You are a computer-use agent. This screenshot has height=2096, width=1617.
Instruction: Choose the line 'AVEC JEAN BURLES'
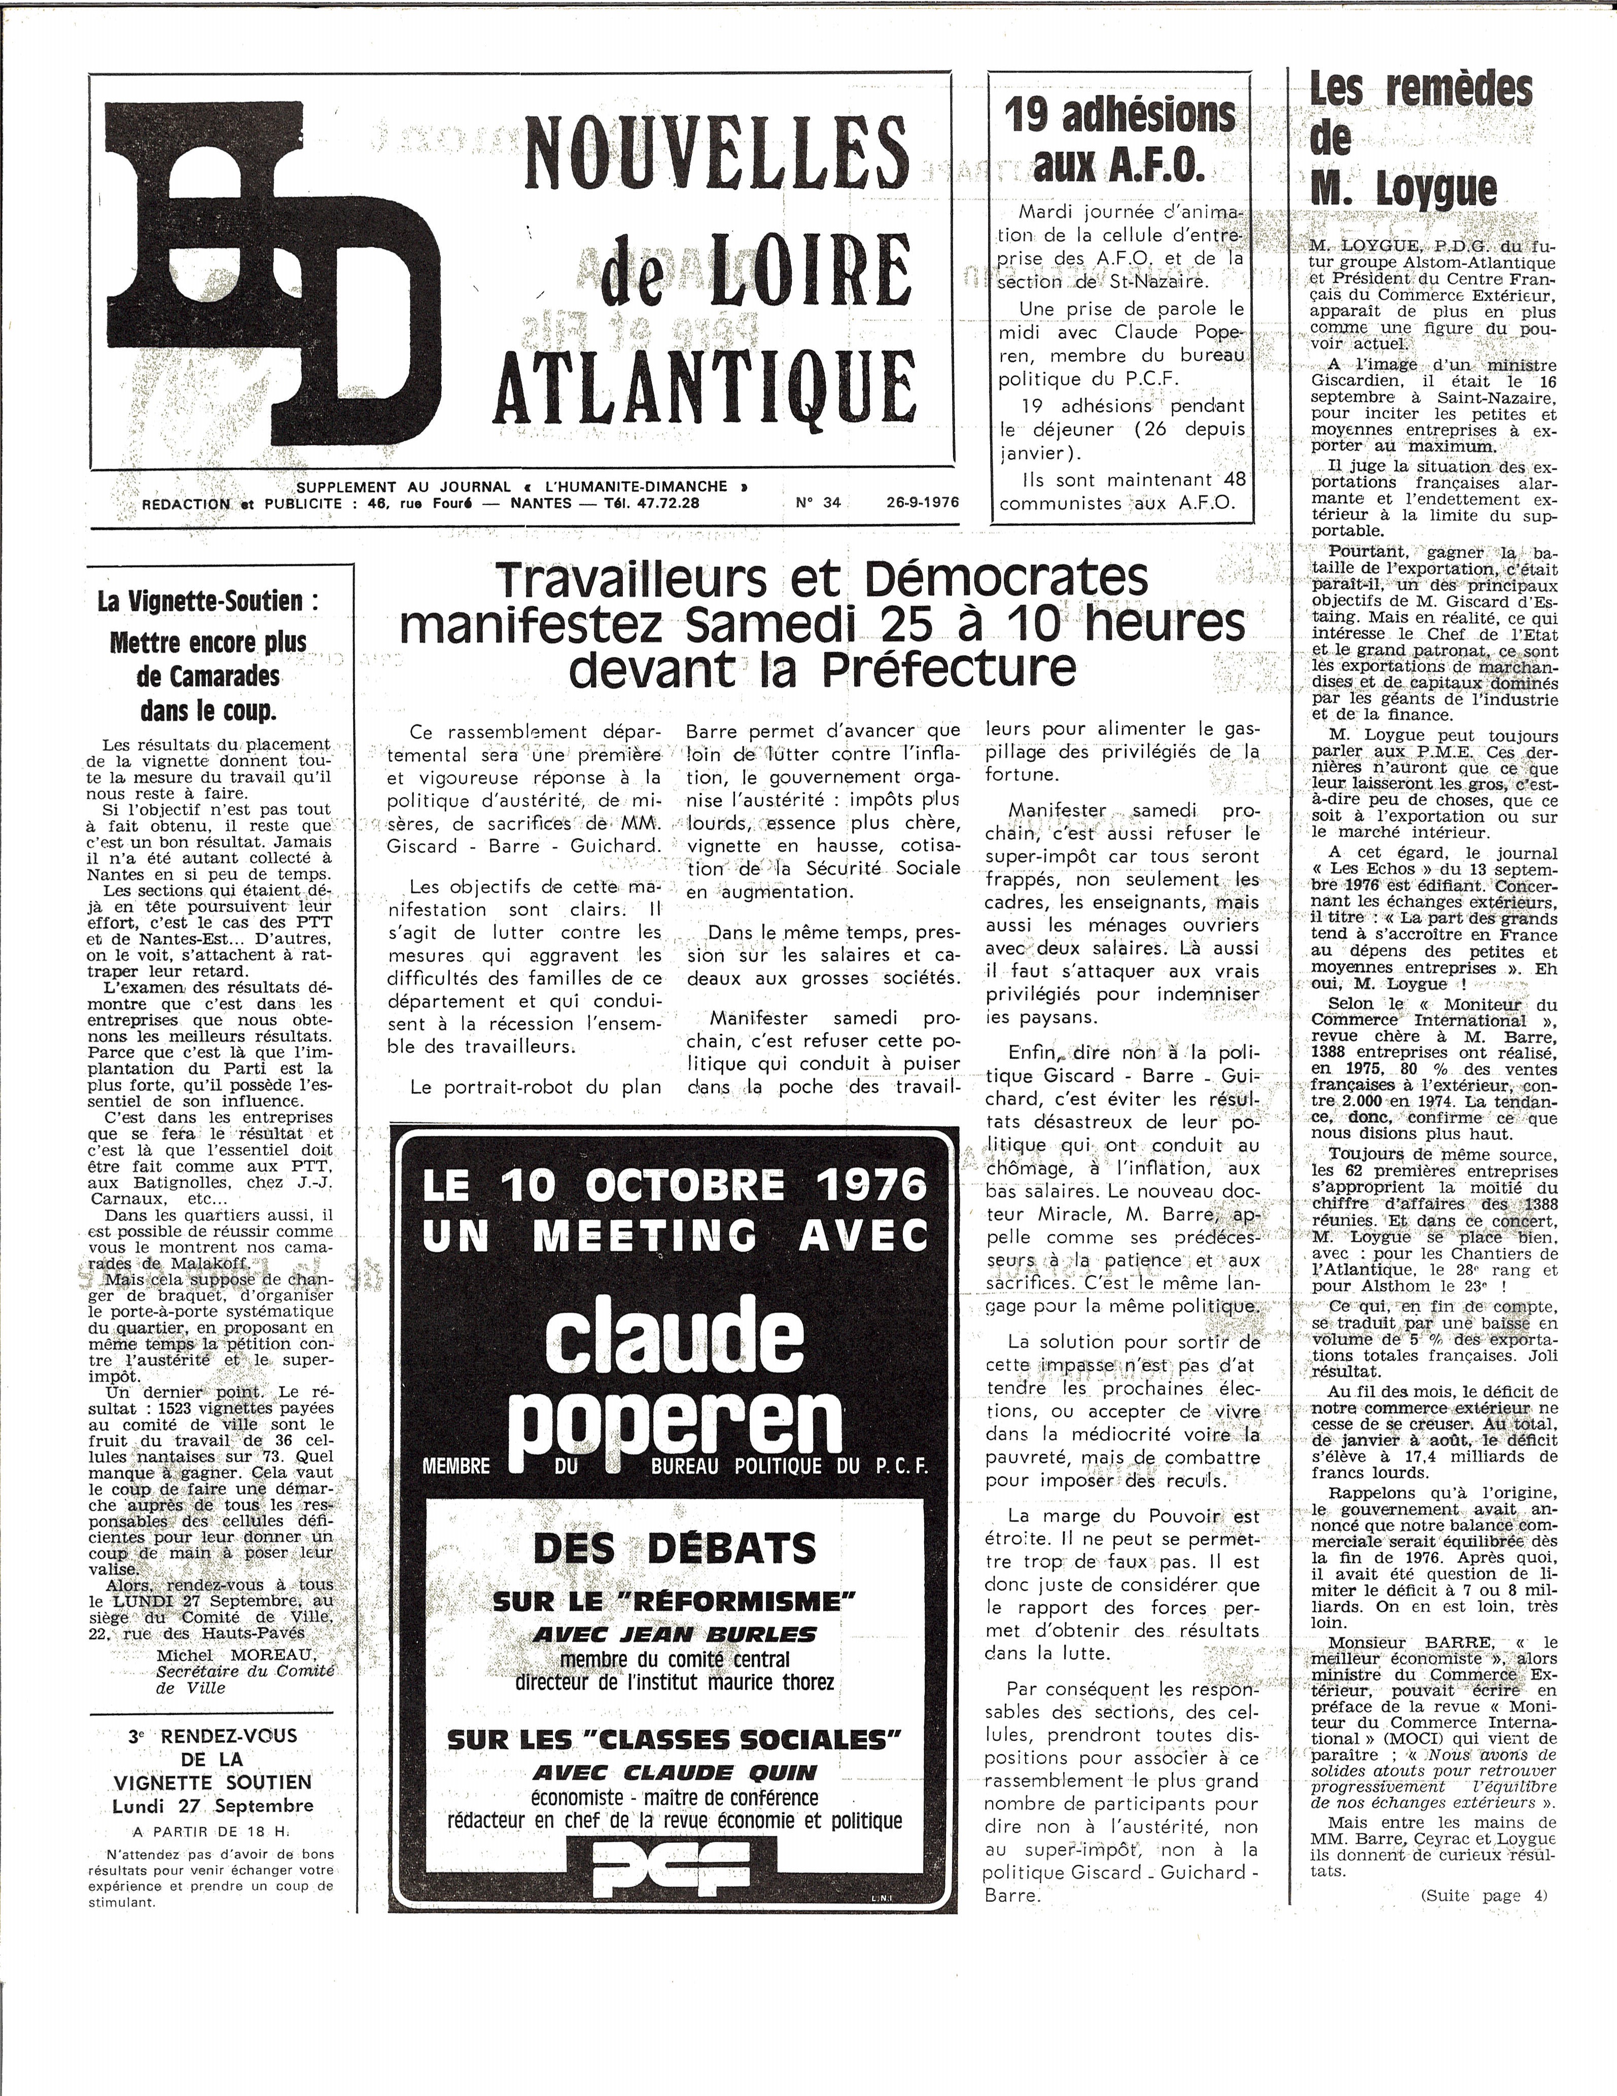pos(674,1633)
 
